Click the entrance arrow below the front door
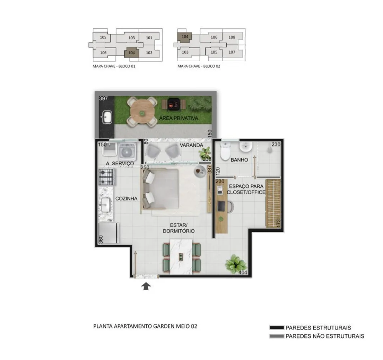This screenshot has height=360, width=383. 146,286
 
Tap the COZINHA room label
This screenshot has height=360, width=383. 126,199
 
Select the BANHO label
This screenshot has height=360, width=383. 239,160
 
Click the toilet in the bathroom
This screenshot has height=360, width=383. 225,151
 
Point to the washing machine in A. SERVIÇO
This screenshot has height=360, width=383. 127,151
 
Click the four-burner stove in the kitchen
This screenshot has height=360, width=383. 106,177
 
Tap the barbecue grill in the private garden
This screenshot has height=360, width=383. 174,104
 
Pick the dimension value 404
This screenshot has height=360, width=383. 242,272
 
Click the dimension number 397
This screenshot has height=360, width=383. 103,98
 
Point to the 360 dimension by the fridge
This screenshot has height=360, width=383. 101,239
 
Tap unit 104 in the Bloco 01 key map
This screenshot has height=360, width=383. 132,53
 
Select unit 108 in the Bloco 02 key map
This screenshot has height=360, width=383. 232,37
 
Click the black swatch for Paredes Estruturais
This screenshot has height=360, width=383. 277,327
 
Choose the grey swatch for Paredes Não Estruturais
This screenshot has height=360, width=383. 277,336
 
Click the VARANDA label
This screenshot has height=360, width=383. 191,145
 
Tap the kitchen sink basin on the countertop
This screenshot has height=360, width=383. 106,205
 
